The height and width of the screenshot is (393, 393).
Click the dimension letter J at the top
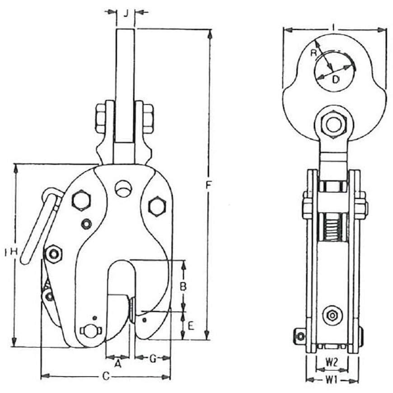pyautogui.click(x=126, y=13)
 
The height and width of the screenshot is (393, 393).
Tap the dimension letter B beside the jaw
pyautogui.click(x=183, y=286)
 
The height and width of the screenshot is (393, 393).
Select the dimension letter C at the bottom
pyautogui.click(x=106, y=375)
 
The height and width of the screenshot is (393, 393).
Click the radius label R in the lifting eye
pyautogui.click(x=313, y=53)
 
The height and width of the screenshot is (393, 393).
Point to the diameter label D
pyautogui.click(x=336, y=80)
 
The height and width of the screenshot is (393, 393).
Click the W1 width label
pyautogui.click(x=332, y=380)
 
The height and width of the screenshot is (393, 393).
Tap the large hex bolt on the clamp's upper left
pyautogui.click(x=81, y=200)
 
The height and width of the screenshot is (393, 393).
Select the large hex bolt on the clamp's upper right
pyautogui.click(x=157, y=206)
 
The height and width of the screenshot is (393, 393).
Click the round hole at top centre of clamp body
pyautogui.click(x=123, y=189)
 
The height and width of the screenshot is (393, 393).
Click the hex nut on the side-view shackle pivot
pyautogui.click(x=333, y=124)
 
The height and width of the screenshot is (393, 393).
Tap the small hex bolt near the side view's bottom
pyautogui.click(x=332, y=315)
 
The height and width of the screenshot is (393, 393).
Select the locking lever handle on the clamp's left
pyautogui.click(x=40, y=226)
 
